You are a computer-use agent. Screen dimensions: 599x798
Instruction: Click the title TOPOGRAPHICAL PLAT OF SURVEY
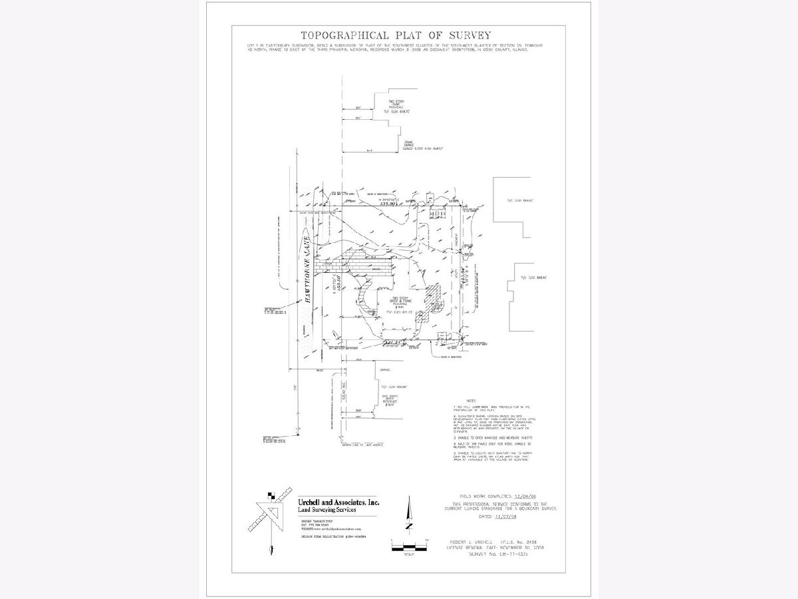(396, 36)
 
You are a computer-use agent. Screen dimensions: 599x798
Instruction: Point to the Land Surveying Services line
(328, 510)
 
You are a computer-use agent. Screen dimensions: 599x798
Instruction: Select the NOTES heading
(471, 400)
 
